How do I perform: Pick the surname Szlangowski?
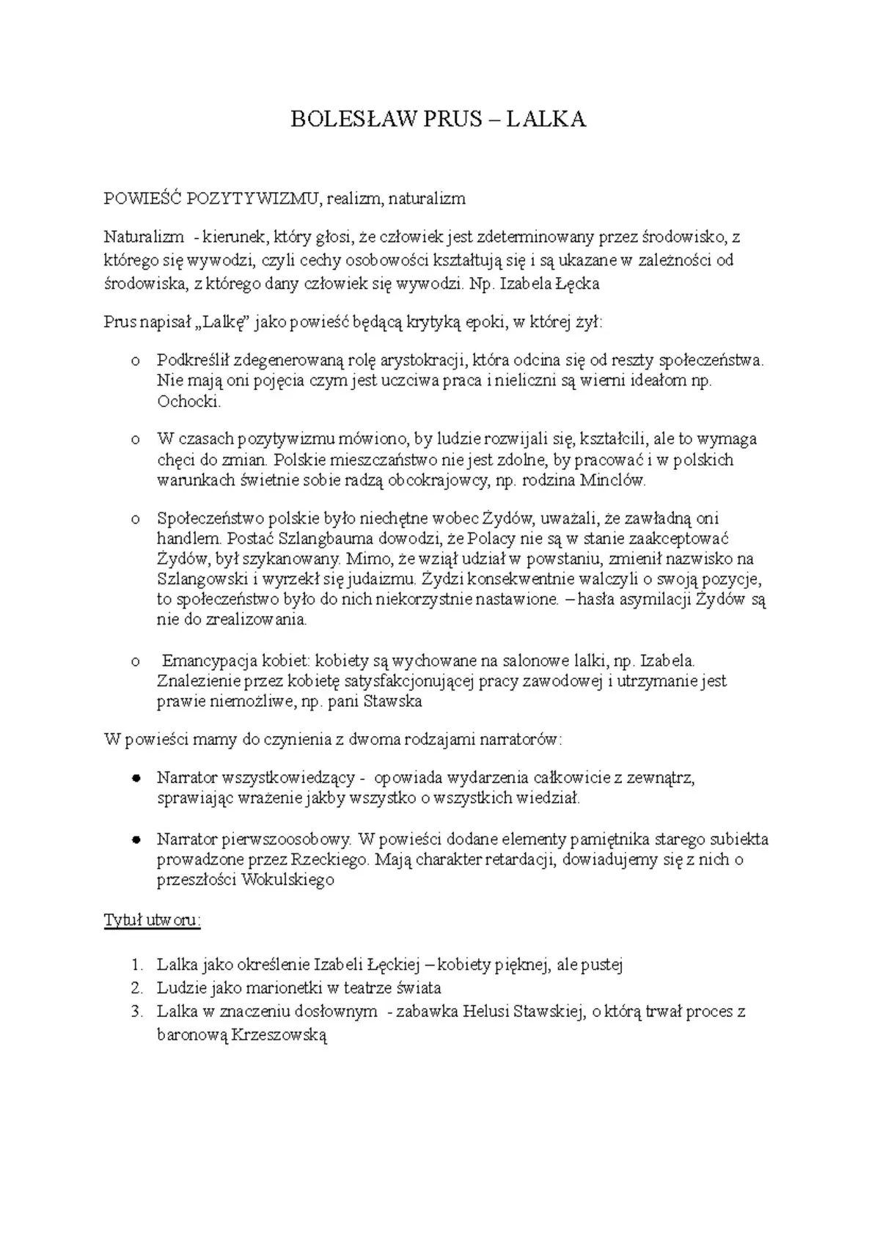[205, 578]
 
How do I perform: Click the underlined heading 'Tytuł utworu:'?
[152, 920]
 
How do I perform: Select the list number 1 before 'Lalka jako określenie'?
[136, 965]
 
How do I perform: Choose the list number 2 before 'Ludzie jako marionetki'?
[136, 988]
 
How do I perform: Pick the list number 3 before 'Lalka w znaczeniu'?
[136, 1012]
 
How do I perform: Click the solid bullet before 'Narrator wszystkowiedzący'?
[136, 778]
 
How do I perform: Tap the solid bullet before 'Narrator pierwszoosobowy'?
[136, 839]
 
